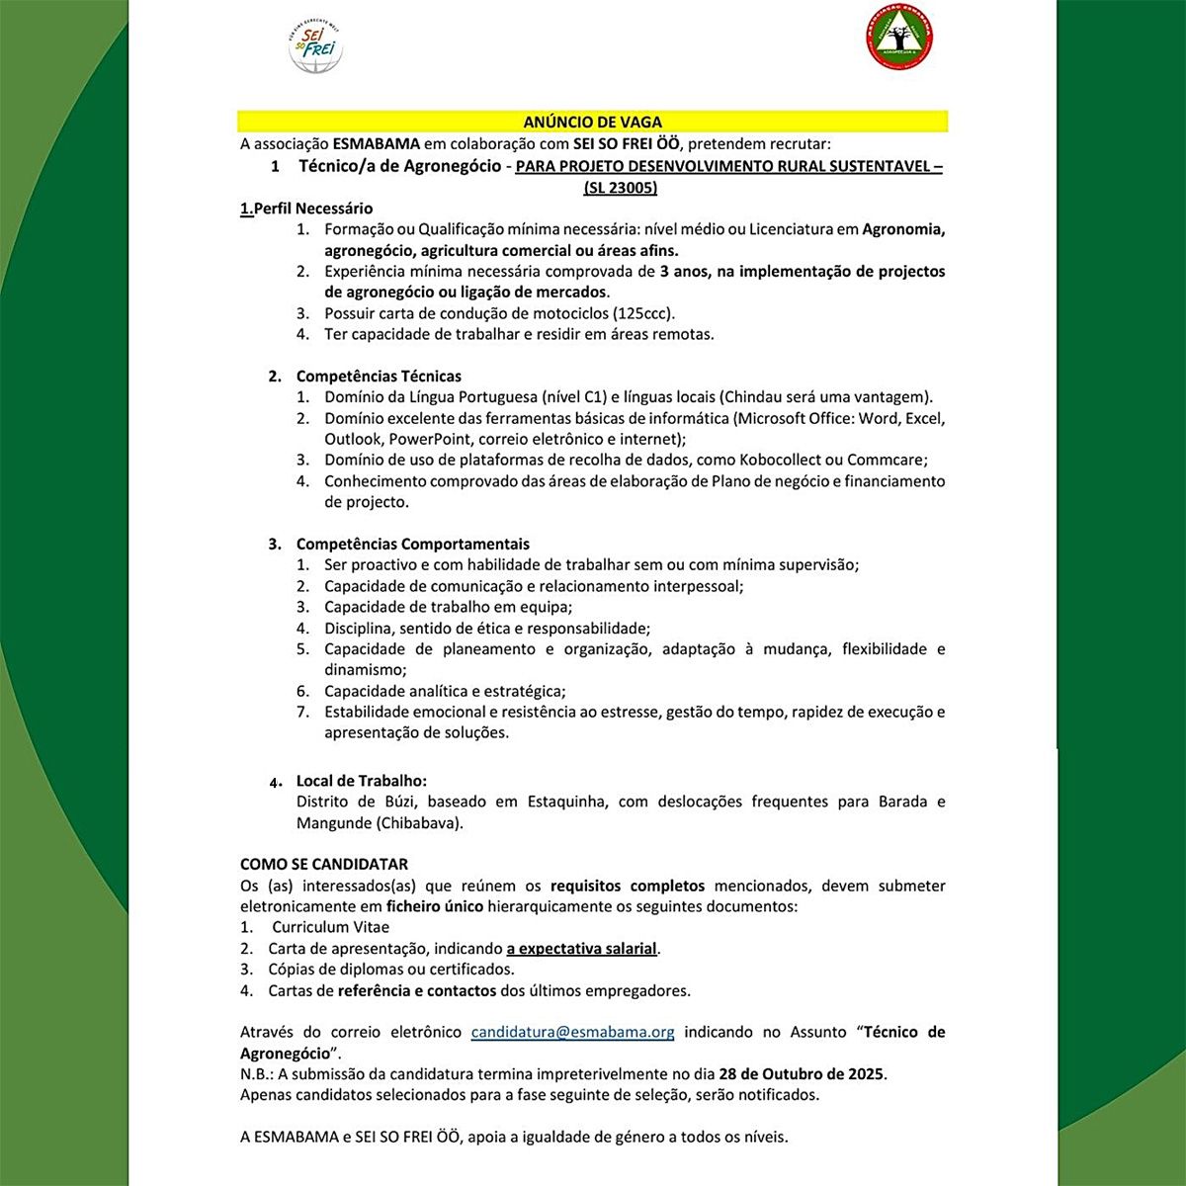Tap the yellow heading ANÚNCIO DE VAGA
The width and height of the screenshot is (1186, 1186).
(x=592, y=123)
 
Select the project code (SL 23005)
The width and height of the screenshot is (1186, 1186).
(x=620, y=187)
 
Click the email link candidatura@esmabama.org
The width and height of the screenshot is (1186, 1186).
(x=572, y=1032)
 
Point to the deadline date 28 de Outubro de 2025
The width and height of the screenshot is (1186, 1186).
(x=802, y=1073)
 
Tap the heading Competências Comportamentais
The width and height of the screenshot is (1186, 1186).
(x=412, y=544)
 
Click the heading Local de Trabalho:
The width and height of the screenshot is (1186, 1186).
(x=362, y=781)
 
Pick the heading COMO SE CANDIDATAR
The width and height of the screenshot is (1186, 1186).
(x=324, y=864)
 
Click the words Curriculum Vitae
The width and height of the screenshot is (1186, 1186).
(x=330, y=927)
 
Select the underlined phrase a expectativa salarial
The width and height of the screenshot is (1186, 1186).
(x=582, y=949)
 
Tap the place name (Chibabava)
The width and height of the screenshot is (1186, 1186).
(x=419, y=822)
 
